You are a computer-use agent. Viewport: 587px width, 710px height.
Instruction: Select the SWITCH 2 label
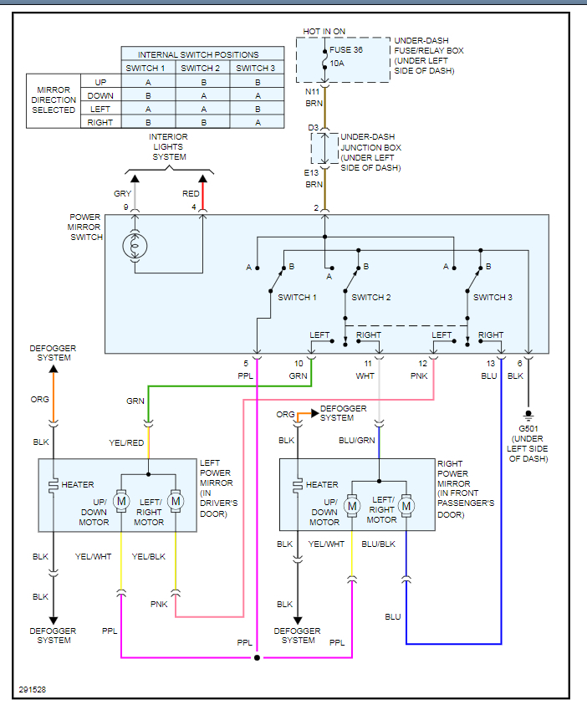[x=371, y=297]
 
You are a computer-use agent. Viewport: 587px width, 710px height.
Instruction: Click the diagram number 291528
[x=33, y=691]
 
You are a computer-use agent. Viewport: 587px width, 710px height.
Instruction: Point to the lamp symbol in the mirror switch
[x=134, y=246]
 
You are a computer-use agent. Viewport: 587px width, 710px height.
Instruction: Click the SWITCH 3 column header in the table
[x=255, y=69]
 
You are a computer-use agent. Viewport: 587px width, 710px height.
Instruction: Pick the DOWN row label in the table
[x=100, y=96]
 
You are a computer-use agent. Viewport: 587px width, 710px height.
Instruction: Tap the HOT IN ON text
[x=324, y=32]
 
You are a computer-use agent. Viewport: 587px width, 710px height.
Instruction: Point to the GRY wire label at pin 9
[x=123, y=194]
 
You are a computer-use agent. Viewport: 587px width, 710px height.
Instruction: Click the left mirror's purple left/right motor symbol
[x=175, y=501]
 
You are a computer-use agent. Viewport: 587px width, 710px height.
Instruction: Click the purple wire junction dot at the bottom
[x=257, y=658]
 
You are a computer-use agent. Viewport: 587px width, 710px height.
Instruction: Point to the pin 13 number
[x=490, y=364]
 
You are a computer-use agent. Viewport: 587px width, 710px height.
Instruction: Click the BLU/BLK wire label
[x=379, y=544]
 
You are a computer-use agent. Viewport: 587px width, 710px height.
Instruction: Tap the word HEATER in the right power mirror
[x=322, y=485]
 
